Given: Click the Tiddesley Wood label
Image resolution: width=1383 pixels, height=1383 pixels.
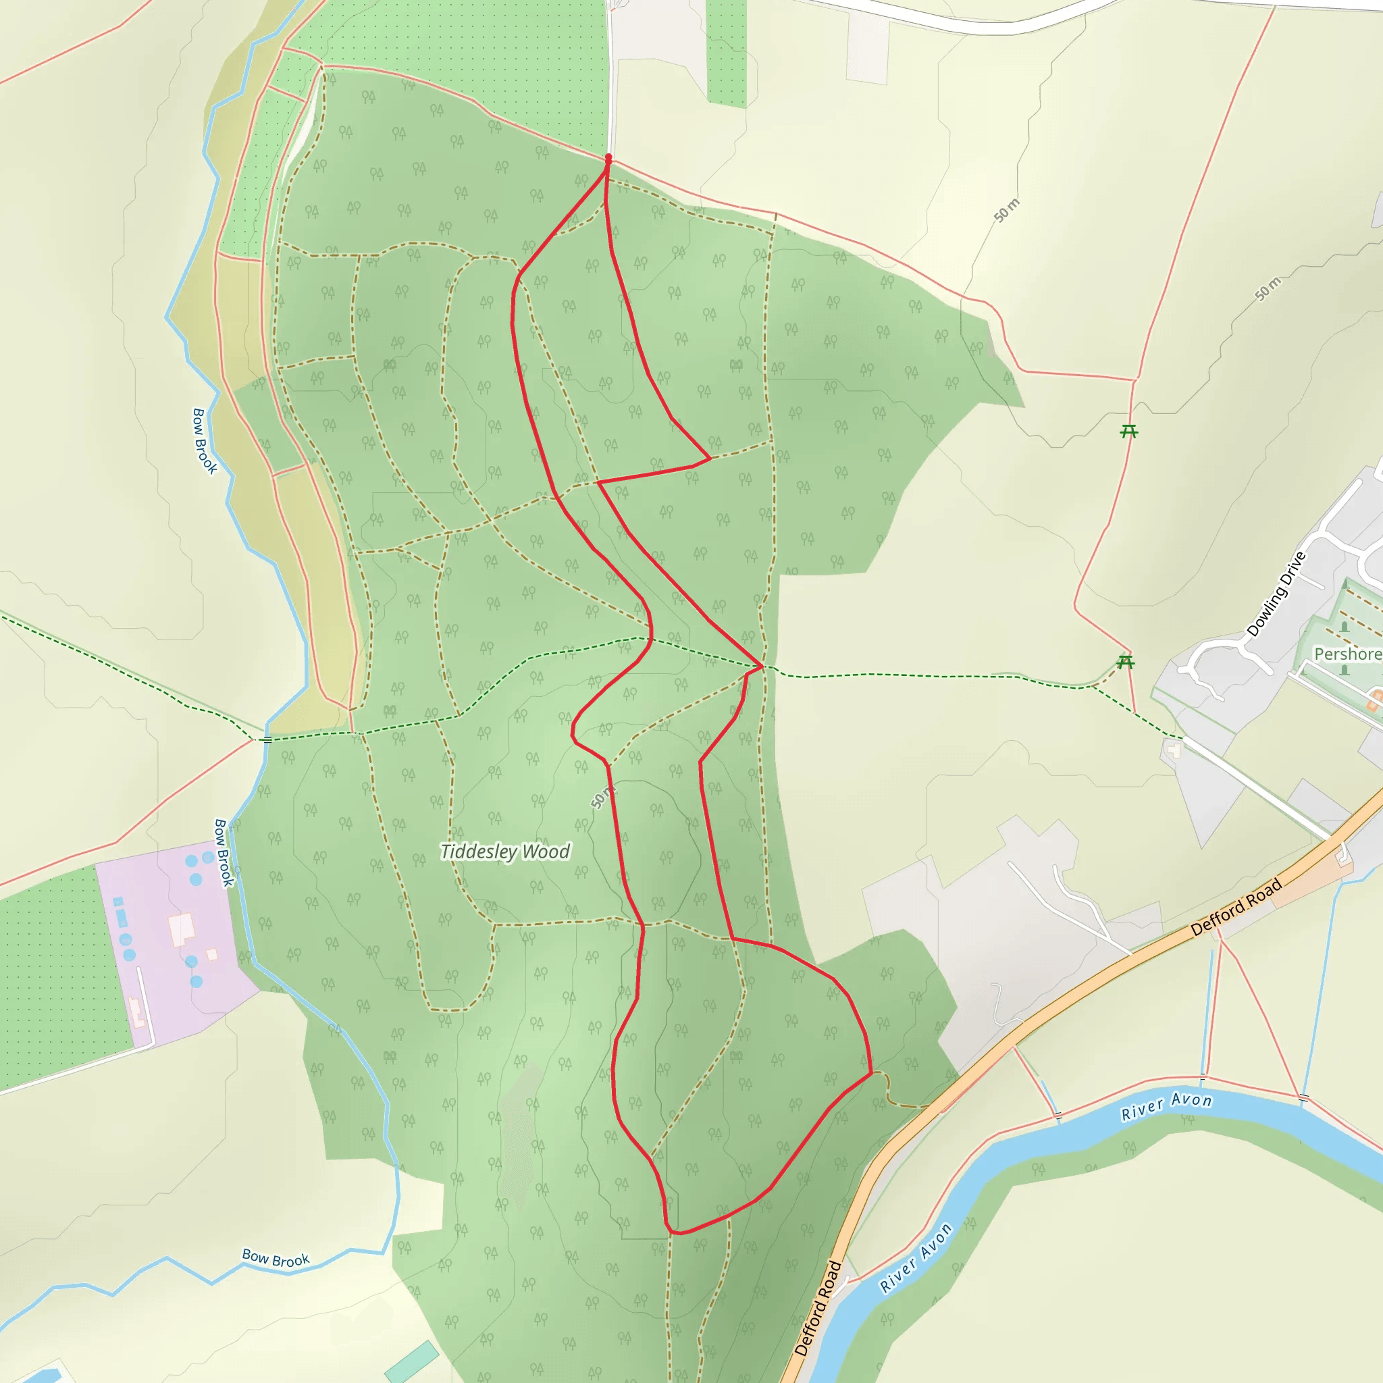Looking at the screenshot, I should click(x=505, y=852).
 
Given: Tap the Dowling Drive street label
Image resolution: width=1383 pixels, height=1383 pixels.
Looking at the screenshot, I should click(x=1276, y=595).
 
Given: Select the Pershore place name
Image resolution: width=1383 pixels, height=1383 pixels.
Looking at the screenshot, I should click(x=1347, y=654).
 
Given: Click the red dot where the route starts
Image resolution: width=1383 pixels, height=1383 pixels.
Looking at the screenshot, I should click(x=608, y=157).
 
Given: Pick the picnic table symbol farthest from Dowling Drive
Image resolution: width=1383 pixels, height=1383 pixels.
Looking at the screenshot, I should click(x=1129, y=431).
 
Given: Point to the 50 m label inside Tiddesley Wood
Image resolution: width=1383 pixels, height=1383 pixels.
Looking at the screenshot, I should click(x=603, y=797).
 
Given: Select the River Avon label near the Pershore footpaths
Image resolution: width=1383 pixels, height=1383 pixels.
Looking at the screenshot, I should click(x=1166, y=1106).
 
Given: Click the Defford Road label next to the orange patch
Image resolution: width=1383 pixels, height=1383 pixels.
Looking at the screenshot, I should click(x=1236, y=908).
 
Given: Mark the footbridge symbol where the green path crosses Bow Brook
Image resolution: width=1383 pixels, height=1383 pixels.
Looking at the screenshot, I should click(x=267, y=739).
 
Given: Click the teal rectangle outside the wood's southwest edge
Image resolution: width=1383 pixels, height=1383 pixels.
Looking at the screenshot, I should click(x=412, y=1362).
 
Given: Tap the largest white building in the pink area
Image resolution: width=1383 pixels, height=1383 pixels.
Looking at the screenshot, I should click(x=182, y=929).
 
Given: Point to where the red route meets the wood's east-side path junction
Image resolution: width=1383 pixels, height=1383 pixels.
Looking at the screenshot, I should click(x=762, y=667).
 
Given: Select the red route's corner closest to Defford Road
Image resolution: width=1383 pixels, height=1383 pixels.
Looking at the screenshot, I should click(x=871, y=1073).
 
